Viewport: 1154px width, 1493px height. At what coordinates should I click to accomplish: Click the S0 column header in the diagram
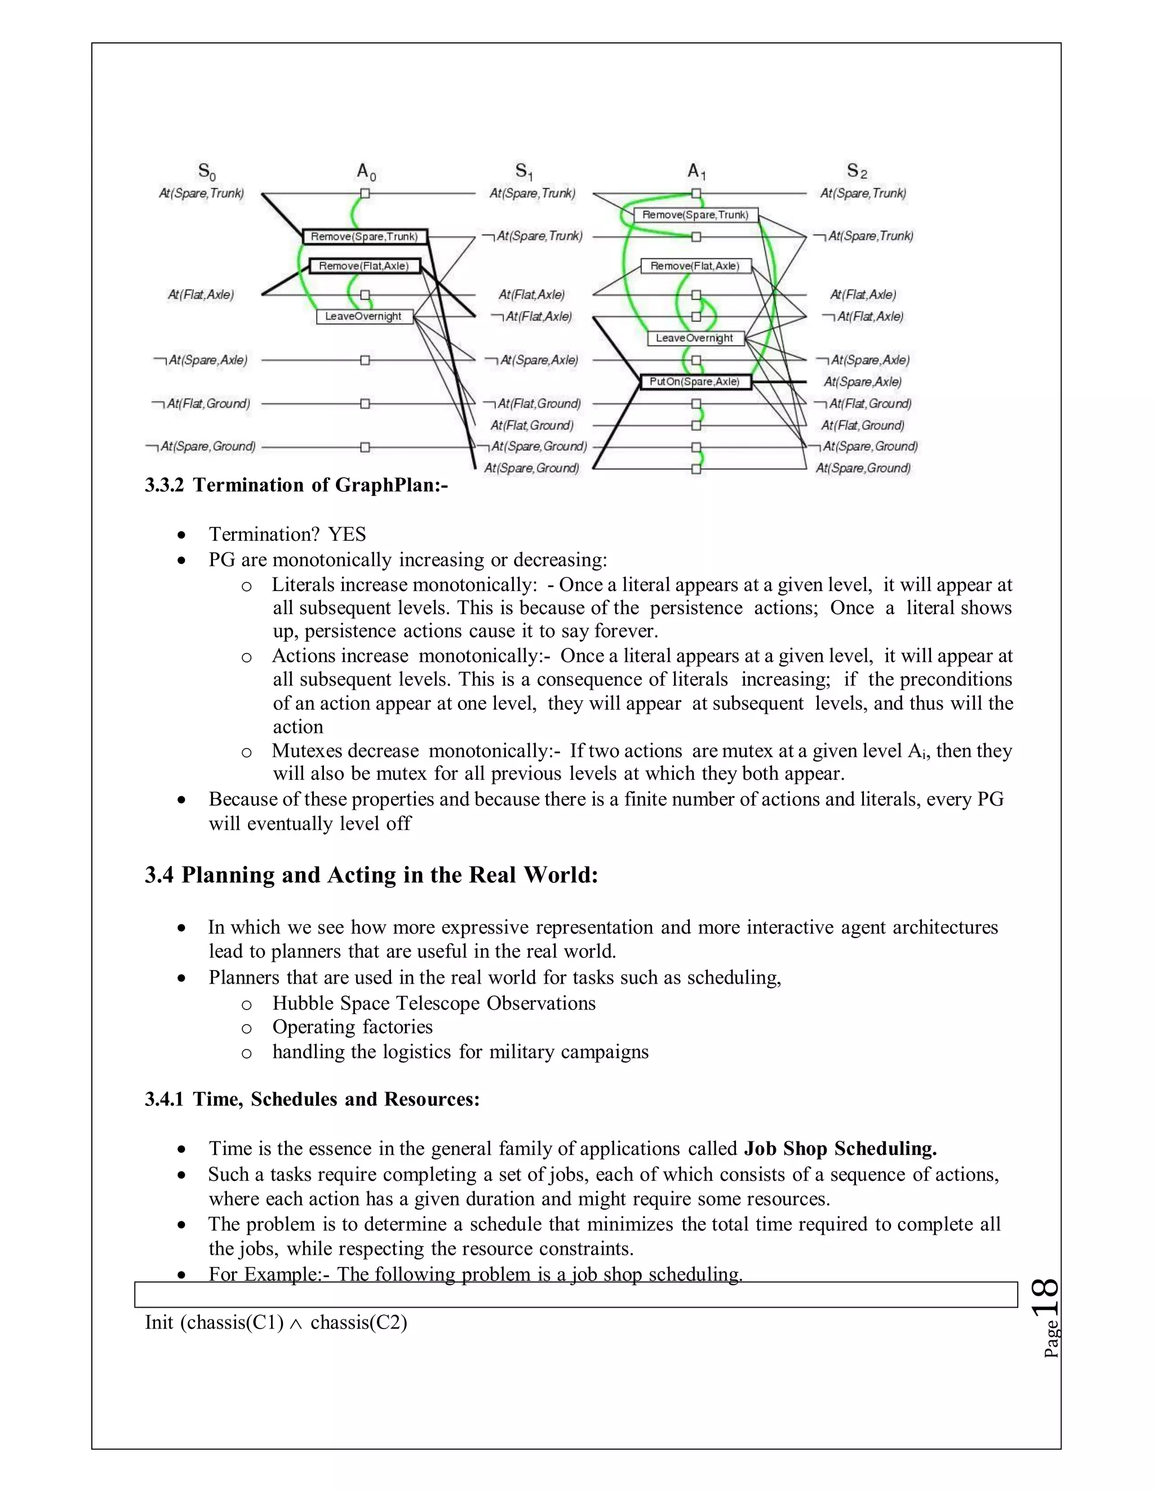point(206,171)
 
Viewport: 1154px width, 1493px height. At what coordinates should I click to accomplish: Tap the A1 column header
point(696,171)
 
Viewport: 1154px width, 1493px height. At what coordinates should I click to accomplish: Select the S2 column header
point(856,171)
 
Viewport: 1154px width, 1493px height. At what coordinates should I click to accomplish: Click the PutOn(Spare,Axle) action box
point(695,382)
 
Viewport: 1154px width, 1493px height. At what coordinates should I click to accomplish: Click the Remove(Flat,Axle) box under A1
point(695,266)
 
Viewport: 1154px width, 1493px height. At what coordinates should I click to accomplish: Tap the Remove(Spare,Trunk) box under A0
point(365,237)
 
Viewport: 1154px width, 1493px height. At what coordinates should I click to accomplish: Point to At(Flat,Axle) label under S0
point(201,295)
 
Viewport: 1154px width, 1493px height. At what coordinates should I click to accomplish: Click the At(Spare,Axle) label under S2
point(863,382)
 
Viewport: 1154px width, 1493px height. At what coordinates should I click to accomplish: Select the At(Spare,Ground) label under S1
point(531,468)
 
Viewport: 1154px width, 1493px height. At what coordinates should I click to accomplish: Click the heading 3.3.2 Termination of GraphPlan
point(296,485)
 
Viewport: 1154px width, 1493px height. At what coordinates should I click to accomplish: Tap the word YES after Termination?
point(347,535)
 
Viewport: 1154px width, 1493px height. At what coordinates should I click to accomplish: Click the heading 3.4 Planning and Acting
point(371,875)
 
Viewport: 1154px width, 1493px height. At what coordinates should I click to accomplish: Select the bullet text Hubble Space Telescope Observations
point(433,1003)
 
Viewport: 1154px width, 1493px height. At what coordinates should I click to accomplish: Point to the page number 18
point(1045,1297)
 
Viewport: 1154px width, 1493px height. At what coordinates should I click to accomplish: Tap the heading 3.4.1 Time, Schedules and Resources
point(312,1099)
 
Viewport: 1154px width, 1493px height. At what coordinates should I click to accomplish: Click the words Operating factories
point(352,1027)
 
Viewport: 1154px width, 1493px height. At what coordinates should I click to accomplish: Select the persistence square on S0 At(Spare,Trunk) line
point(365,193)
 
